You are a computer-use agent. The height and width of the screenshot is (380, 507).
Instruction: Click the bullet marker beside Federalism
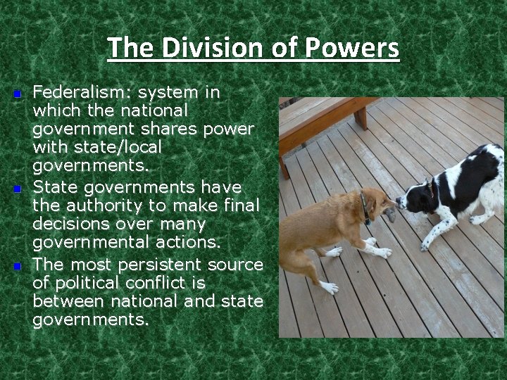pyautogui.click(x=19, y=94)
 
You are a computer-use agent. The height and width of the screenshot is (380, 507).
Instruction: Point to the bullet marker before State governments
pyautogui.click(x=19, y=189)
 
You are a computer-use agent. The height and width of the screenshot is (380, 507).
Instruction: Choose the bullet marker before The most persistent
pyautogui.click(x=19, y=266)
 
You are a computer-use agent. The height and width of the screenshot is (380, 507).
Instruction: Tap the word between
pyautogui.click(x=65, y=301)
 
